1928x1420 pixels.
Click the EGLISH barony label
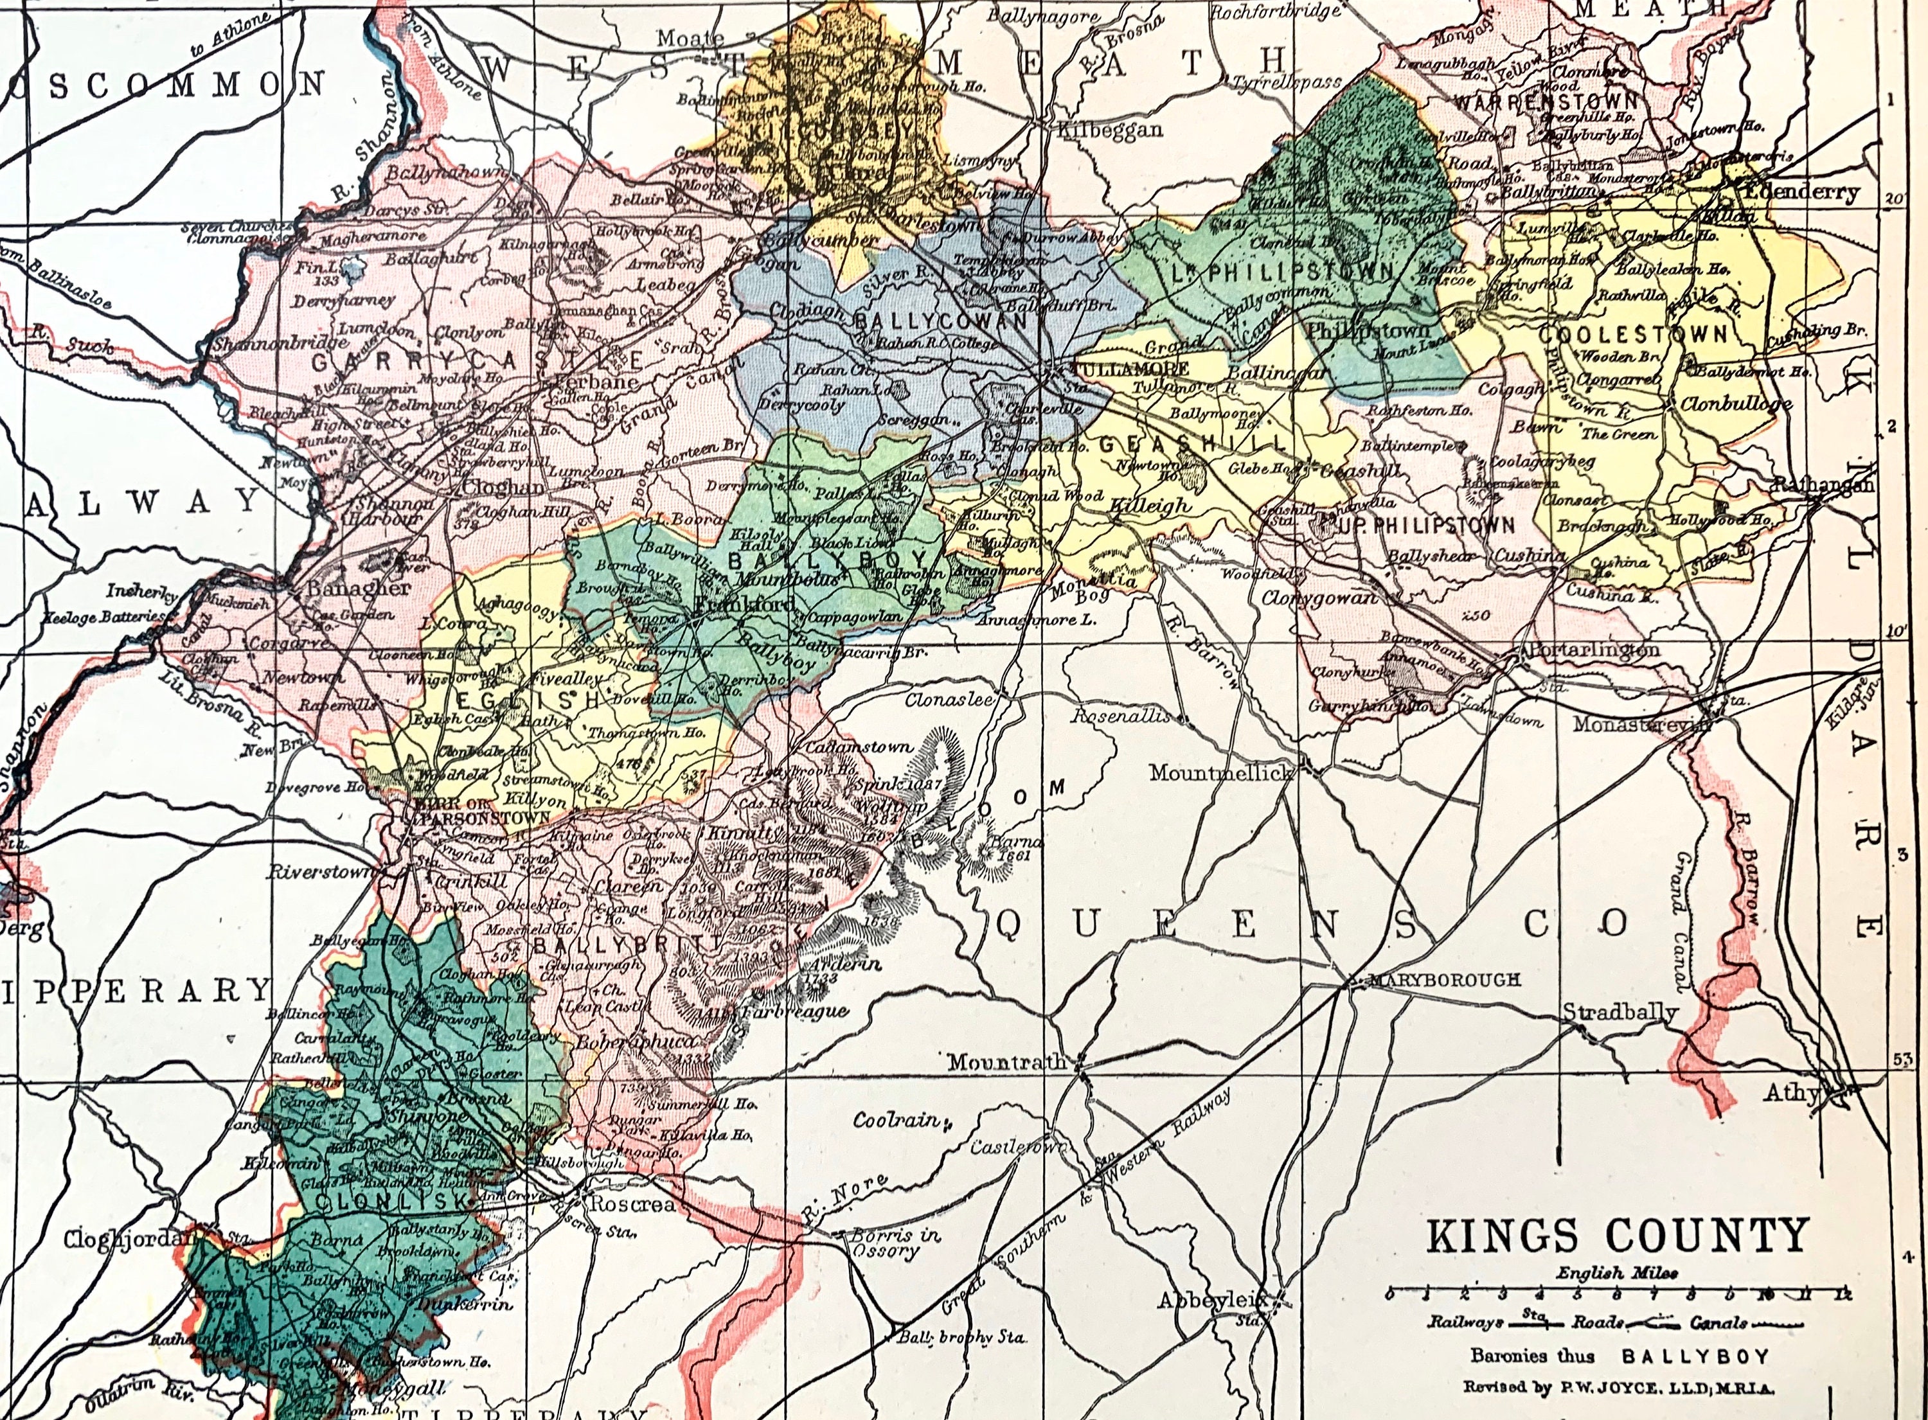tap(515, 700)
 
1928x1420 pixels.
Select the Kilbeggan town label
tap(1109, 130)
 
